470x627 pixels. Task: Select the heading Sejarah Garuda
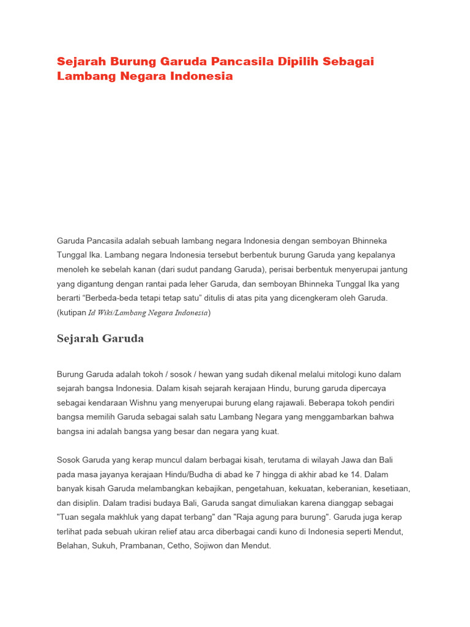tap(100, 339)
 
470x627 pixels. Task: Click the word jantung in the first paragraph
tap(394, 269)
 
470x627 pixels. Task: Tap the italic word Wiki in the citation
tap(108, 313)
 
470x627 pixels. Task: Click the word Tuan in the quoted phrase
tap(68, 518)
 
